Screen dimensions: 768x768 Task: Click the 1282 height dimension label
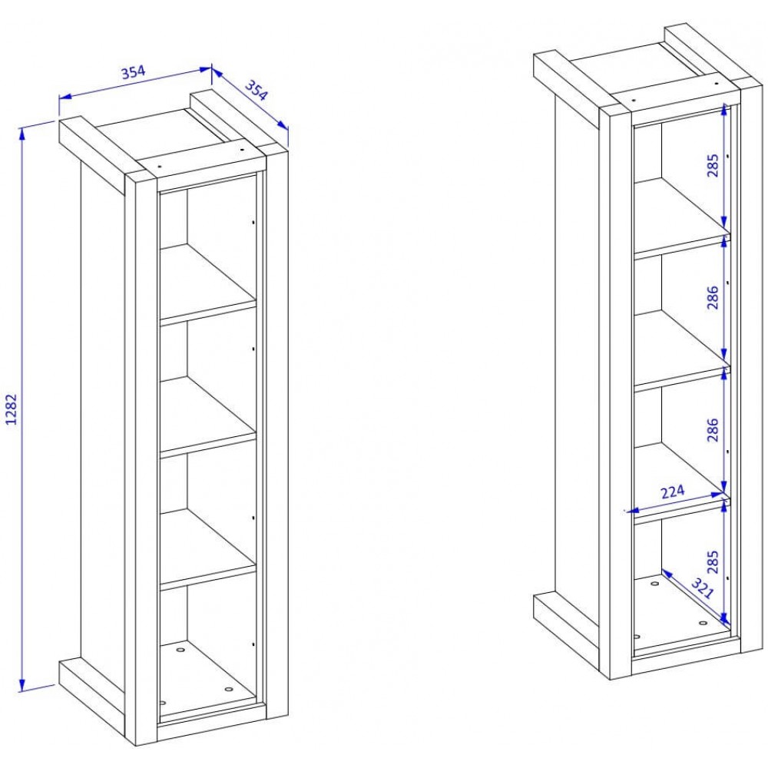(12, 409)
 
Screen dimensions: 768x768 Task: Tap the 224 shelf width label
(673, 492)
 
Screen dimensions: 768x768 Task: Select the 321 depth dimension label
(703, 588)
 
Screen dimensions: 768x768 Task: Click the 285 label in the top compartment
(713, 165)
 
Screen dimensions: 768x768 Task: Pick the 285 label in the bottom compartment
(713, 562)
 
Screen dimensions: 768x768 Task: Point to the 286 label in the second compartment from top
(713, 297)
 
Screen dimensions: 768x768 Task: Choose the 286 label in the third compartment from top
(713, 429)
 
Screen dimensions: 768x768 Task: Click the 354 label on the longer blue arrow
(133, 72)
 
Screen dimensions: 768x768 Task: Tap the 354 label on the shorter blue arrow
(257, 90)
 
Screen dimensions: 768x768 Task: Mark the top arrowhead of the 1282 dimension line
(22, 133)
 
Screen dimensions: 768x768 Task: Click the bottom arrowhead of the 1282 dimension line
(22, 685)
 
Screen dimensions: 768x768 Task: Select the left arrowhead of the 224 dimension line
(634, 511)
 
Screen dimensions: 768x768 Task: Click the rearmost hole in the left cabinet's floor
(181, 650)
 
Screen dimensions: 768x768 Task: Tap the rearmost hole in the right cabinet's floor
(655, 584)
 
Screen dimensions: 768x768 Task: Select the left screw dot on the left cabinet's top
(160, 167)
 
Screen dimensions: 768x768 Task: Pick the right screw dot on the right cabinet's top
(717, 84)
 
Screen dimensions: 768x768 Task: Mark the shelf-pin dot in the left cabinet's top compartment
(253, 223)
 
